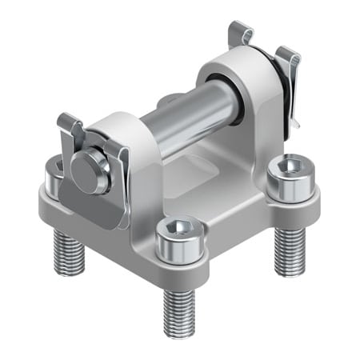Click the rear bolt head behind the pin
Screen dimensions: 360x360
pos(170,102)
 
